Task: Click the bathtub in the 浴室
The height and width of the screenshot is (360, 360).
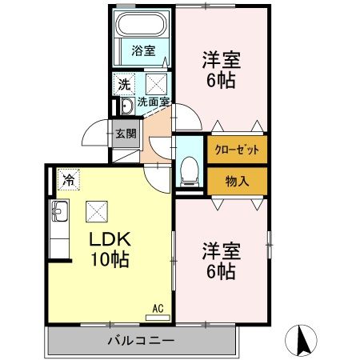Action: click(x=143, y=26)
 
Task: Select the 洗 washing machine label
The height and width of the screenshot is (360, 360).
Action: click(x=125, y=83)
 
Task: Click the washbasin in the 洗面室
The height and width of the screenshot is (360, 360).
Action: click(x=126, y=106)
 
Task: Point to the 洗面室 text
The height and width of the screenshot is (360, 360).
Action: click(x=153, y=102)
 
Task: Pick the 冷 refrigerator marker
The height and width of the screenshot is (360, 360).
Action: click(x=69, y=181)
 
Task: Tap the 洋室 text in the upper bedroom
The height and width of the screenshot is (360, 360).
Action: click(x=221, y=59)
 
